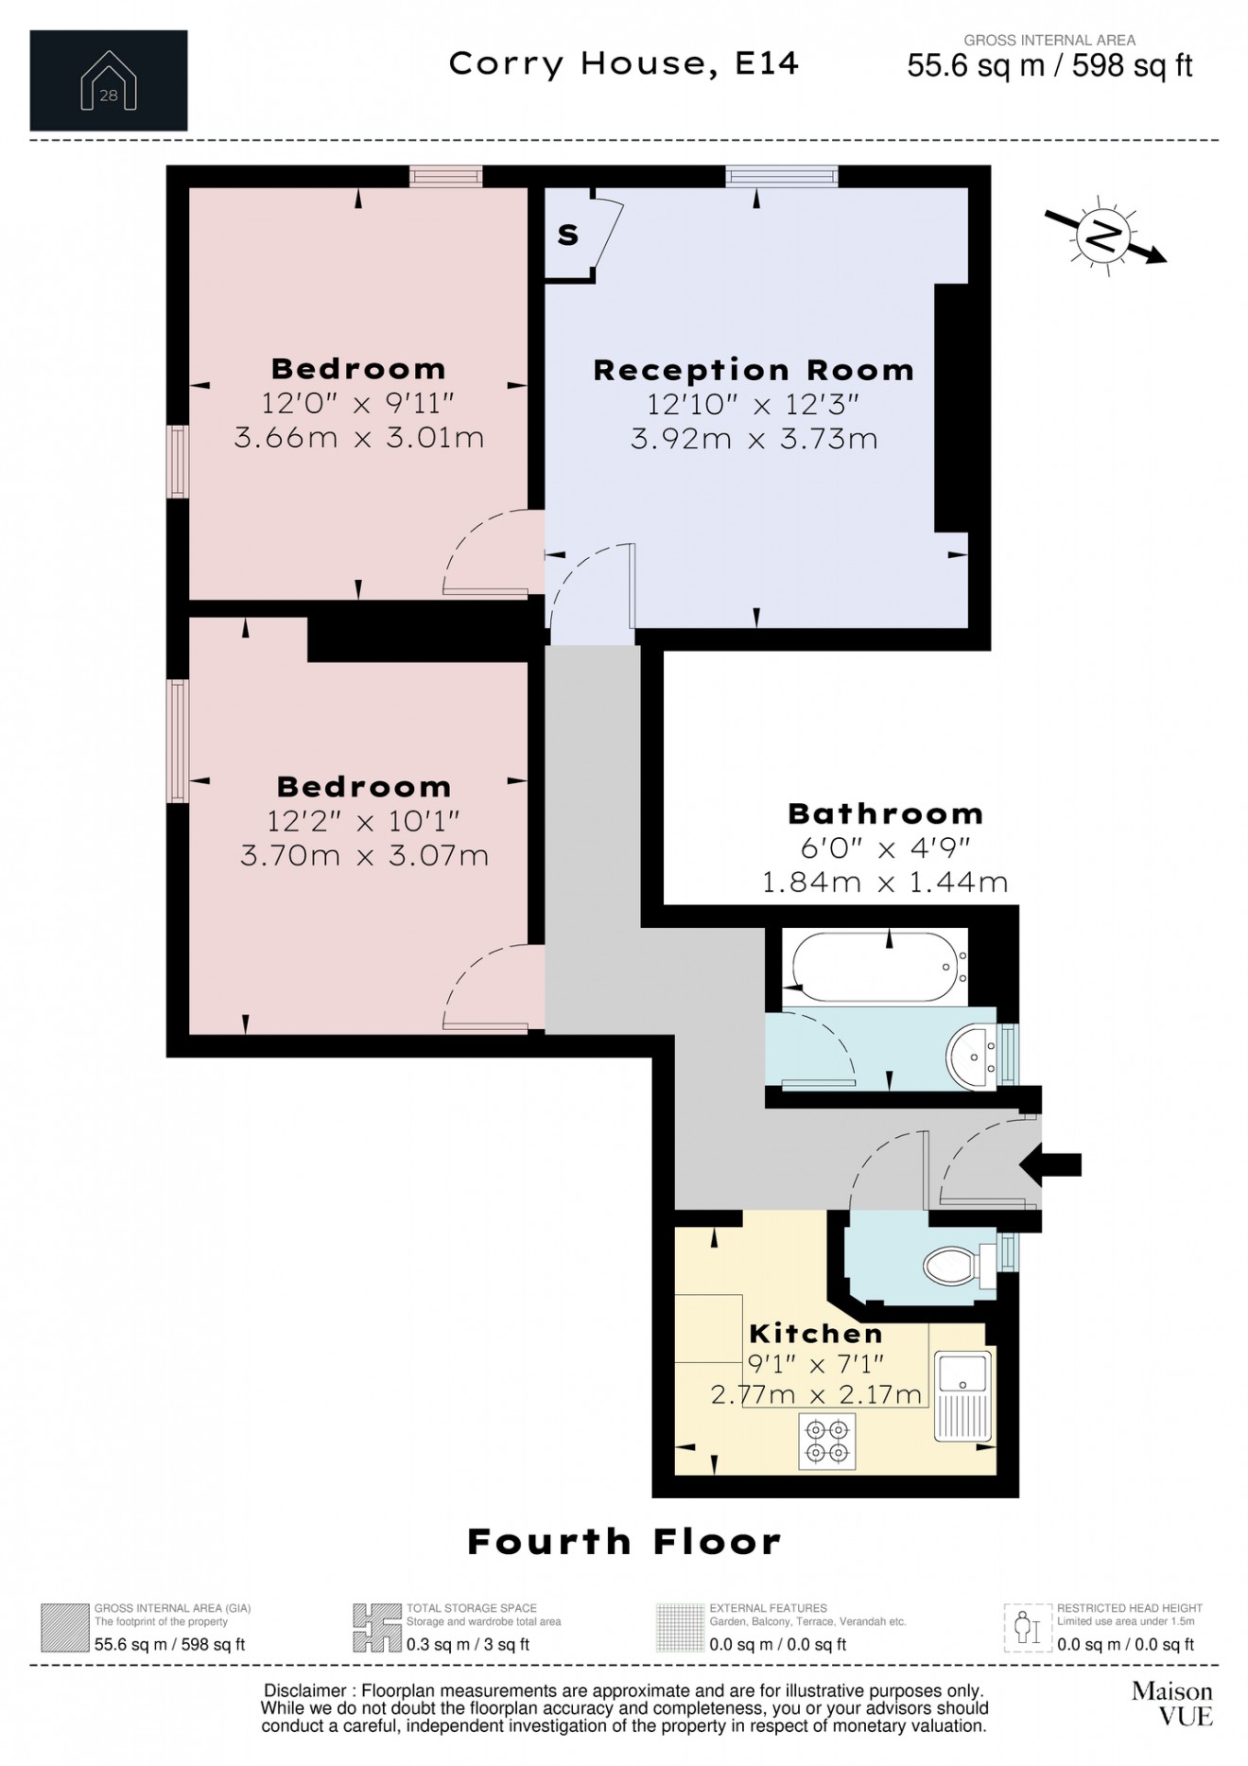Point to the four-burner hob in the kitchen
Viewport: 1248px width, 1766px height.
coord(827,1441)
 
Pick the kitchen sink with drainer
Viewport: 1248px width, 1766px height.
coord(964,1395)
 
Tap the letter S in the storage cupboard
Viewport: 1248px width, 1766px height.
coord(567,235)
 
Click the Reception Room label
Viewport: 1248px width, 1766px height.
coord(754,370)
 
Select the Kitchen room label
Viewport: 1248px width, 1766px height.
coord(816,1334)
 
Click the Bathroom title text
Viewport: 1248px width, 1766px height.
coord(886,813)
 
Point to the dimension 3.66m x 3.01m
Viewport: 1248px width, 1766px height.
coord(359,438)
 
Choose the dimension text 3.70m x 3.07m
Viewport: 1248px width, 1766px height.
coord(365,856)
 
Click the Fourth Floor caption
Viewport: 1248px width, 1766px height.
coord(625,1542)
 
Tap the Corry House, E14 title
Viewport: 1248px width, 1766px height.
coord(624,63)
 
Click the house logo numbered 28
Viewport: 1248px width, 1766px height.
coord(109,80)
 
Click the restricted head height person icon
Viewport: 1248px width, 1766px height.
coord(1028,1628)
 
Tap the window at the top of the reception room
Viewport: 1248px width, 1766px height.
coord(782,176)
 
